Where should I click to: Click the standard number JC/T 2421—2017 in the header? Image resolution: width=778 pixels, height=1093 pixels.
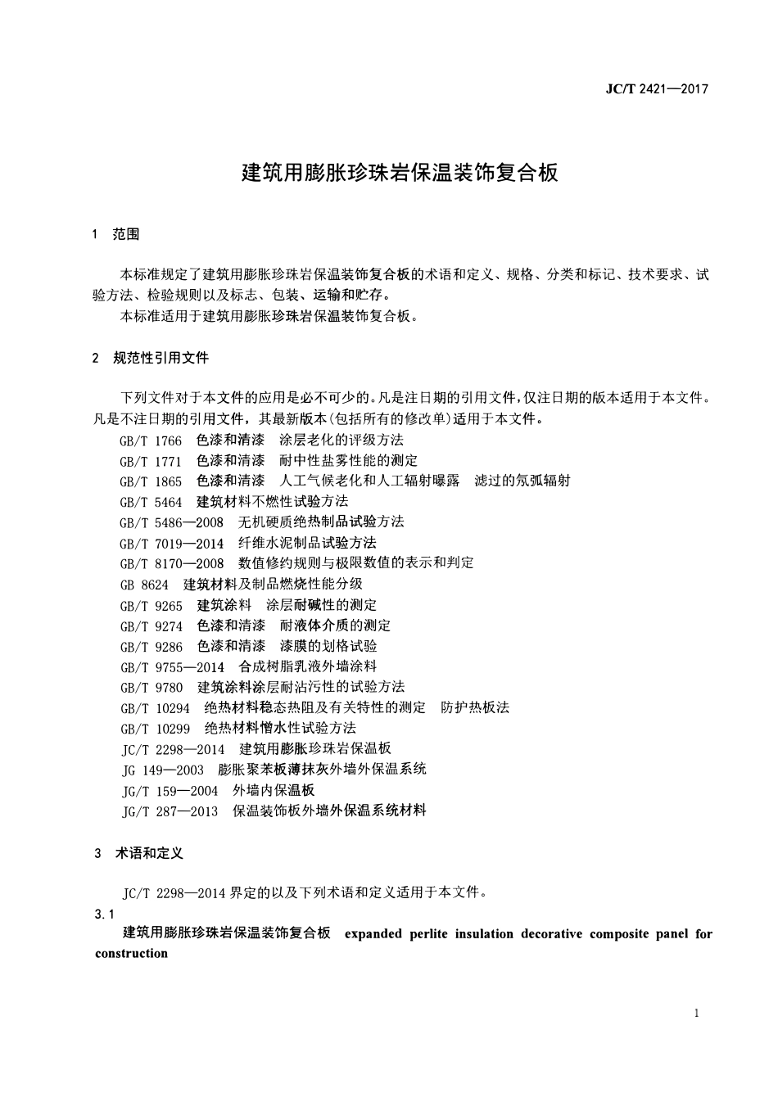(657, 89)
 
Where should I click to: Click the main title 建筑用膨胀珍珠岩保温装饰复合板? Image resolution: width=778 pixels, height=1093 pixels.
(400, 173)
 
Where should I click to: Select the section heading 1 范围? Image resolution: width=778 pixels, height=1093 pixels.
(116, 235)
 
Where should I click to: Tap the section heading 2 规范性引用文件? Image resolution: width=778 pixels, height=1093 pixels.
(151, 358)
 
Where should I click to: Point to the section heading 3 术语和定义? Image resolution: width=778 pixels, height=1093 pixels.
(138, 853)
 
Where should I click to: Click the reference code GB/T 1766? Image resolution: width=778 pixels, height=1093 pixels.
(151, 440)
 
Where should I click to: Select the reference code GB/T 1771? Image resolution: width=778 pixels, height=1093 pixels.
(151, 461)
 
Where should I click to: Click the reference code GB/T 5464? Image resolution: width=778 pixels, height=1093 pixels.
(151, 502)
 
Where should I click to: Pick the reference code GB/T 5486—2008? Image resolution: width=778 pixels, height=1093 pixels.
(171, 522)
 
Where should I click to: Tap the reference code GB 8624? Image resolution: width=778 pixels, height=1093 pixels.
(144, 585)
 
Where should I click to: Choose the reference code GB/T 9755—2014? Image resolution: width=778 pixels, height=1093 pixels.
(172, 667)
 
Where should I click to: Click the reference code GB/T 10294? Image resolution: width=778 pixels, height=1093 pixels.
(155, 708)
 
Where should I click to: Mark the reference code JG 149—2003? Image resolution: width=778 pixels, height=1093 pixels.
(163, 770)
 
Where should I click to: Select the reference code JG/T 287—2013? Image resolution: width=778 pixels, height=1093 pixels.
(170, 811)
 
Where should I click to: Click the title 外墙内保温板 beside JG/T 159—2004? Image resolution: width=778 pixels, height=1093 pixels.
(274, 791)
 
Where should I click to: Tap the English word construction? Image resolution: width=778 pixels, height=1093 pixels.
(131, 953)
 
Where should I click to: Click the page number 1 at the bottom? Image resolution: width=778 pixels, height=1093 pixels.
(696, 1014)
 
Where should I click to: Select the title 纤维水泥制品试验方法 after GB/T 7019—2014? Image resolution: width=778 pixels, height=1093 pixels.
(307, 543)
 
